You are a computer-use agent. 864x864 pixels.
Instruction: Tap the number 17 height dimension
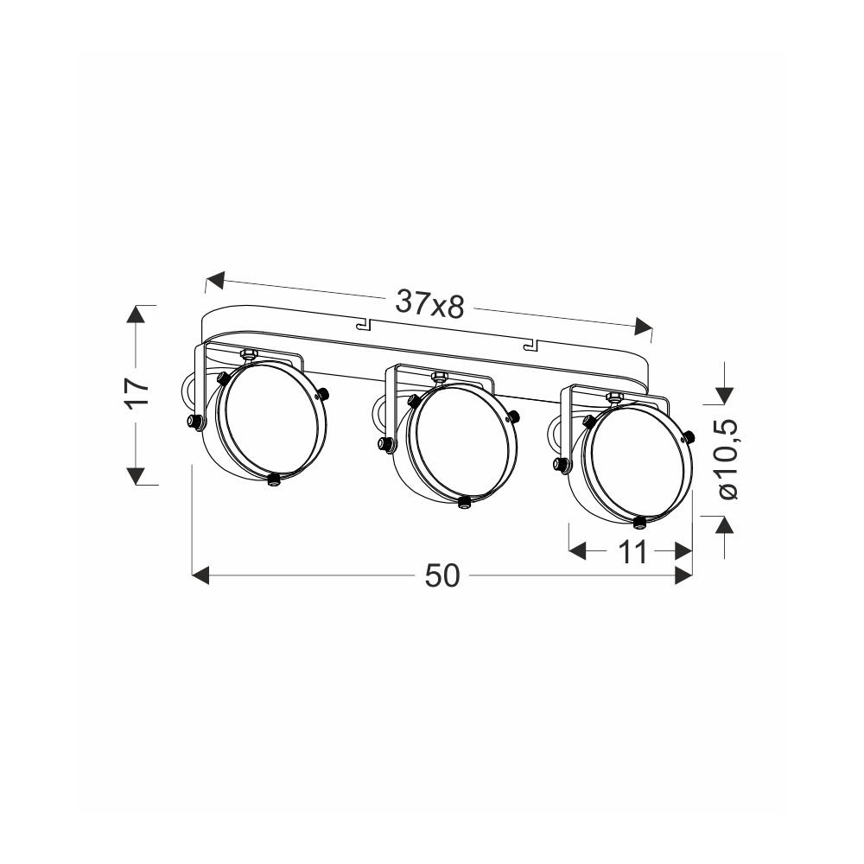(137, 393)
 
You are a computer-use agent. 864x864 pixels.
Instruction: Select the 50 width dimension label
(442, 576)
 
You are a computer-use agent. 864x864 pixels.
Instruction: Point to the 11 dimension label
(632, 552)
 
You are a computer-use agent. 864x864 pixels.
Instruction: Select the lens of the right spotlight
(638, 462)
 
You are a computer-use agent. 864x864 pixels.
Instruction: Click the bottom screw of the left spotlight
(273, 480)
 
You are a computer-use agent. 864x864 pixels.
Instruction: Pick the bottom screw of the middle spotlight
(464, 501)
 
